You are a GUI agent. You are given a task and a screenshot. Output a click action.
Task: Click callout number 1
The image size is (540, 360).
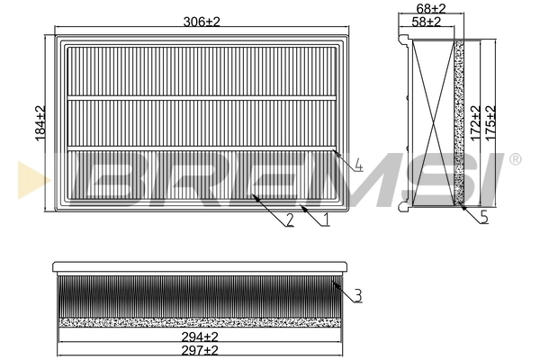(x=326, y=218)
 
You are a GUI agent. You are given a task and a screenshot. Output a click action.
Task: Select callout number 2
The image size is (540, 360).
(x=290, y=220)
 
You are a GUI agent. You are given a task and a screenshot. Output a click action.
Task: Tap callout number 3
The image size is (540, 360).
(x=357, y=294)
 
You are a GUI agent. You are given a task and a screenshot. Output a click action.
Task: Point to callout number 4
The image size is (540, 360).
(x=357, y=166)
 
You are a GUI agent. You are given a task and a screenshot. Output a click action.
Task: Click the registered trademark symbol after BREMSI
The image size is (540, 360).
(x=514, y=160)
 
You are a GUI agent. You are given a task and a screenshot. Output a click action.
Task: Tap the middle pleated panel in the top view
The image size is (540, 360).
(x=202, y=121)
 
